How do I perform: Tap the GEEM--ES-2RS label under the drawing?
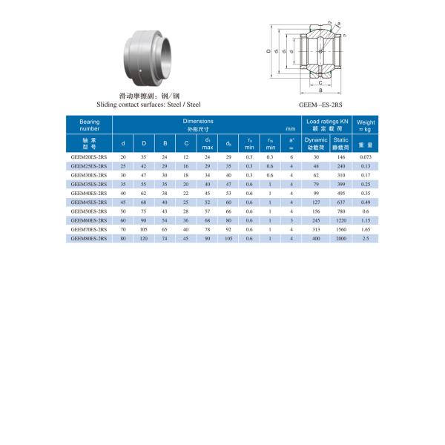(x=320, y=105)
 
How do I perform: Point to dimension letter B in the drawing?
(x=320, y=90)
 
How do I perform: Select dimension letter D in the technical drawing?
(x=268, y=52)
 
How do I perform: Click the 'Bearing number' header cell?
(x=90, y=125)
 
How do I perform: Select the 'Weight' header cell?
(x=366, y=125)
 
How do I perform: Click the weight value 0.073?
(x=366, y=158)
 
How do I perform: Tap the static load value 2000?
(x=340, y=238)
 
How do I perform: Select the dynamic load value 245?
(x=316, y=220)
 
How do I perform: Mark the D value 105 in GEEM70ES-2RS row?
(x=144, y=229)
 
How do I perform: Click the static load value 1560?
(x=340, y=229)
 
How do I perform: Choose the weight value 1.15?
(x=366, y=220)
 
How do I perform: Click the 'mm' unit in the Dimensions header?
(x=291, y=129)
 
